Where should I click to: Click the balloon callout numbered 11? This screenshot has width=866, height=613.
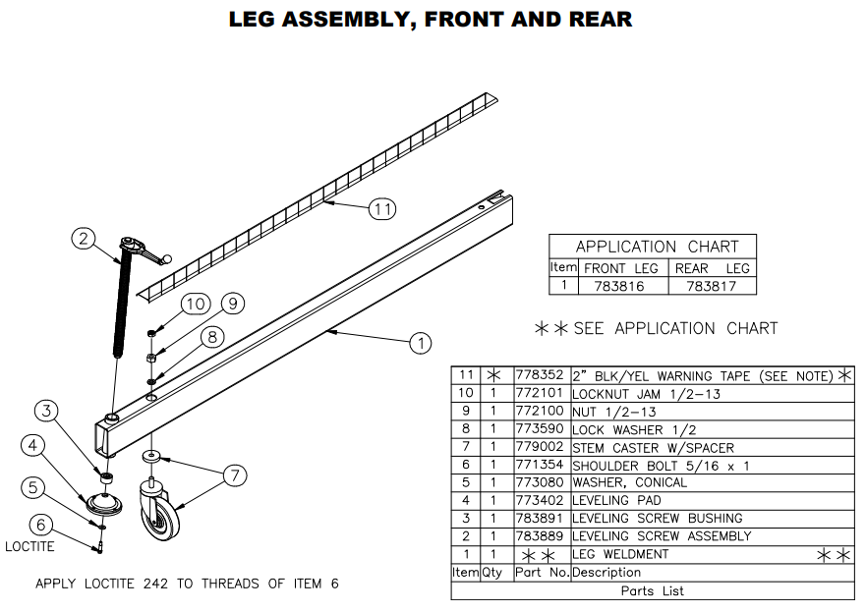point(382,208)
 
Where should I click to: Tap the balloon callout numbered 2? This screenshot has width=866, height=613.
point(84,238)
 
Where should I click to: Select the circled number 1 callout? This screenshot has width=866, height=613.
point(420,343)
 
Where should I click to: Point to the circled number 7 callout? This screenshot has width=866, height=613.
point(233,475)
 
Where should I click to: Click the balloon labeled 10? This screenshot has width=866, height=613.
point(195,304)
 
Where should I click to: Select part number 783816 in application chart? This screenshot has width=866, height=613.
point(619,286)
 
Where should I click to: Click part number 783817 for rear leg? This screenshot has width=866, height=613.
point(712,286)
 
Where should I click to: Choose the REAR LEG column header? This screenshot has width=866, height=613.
point(712,267)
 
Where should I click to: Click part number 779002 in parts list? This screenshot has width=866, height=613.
point(541,447)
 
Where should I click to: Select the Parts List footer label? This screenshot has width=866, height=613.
point(652,590)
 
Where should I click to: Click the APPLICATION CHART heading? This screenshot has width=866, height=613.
point(657,246)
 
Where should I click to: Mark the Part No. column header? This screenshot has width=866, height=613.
point(541,572)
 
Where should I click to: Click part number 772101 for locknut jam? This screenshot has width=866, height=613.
point(541,393)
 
